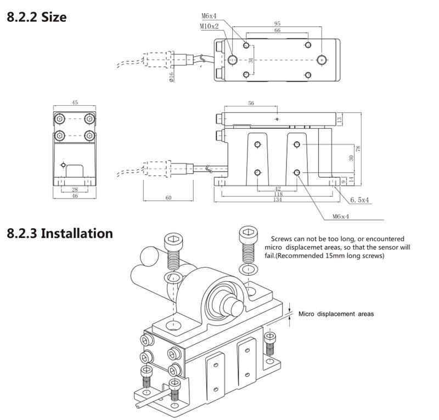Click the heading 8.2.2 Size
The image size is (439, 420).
36,16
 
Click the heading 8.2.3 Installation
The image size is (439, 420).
59,233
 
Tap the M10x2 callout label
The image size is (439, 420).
209,26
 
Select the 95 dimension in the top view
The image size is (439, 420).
278,24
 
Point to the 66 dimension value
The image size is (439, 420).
277,31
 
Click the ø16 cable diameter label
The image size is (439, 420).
171,76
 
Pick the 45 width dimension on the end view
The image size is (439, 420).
75,102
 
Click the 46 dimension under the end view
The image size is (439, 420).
75,196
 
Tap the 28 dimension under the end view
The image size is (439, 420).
75,189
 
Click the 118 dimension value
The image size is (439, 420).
277,194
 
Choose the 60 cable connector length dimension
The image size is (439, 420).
168,197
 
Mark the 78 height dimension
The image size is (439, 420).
358,149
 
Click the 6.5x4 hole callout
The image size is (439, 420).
360,201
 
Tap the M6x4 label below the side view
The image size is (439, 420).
341,216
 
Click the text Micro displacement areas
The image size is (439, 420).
336,314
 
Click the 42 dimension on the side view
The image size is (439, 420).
277,188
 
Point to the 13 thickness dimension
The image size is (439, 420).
340,119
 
